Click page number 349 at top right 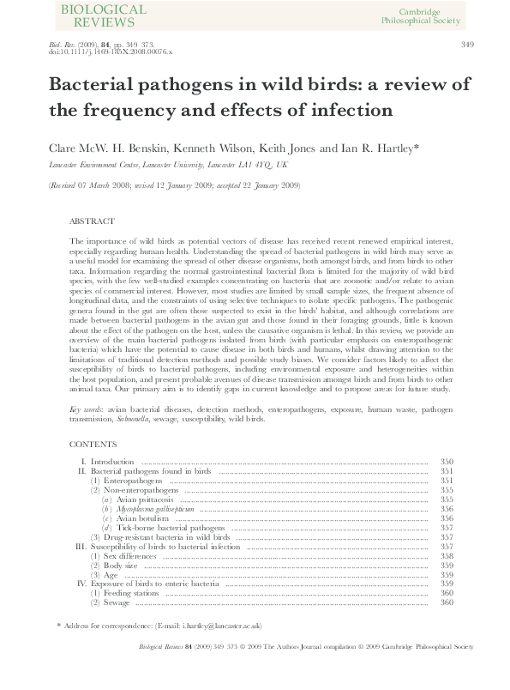pyautogui.click(x=467, y=45)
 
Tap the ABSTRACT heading pyautogui.click(x=90, y=221)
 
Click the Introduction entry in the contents pyautogui.click(x=113, y=463)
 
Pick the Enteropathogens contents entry pyautogui.click(x=131, y=481)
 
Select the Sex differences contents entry pyautogui.click(x=130, y=556)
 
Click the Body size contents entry pyautogui.click(x=121, y=566)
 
